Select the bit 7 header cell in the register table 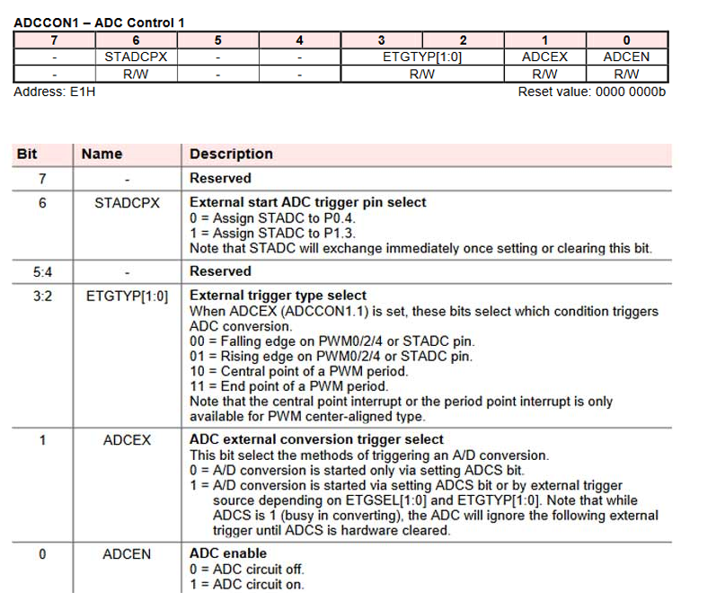tap(54, 40)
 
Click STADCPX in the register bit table tap(136, 57)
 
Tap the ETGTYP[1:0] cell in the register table tap(422, 57)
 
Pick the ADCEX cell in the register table tap(544, 57)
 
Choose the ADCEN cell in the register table tap(625, 57)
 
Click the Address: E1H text tap(55, 92)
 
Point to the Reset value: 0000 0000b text tap(592, 92)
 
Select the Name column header tap(102, 154)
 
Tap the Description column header tap(231, 154)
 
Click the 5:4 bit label tap(41, 270)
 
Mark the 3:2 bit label tap(41, 295)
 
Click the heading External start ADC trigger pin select tap(307, 202)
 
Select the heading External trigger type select tap(278, 295)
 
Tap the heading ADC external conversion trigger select tap(316, 439)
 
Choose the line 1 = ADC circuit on tap(247, 584)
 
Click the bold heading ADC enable tap(228, 553)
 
